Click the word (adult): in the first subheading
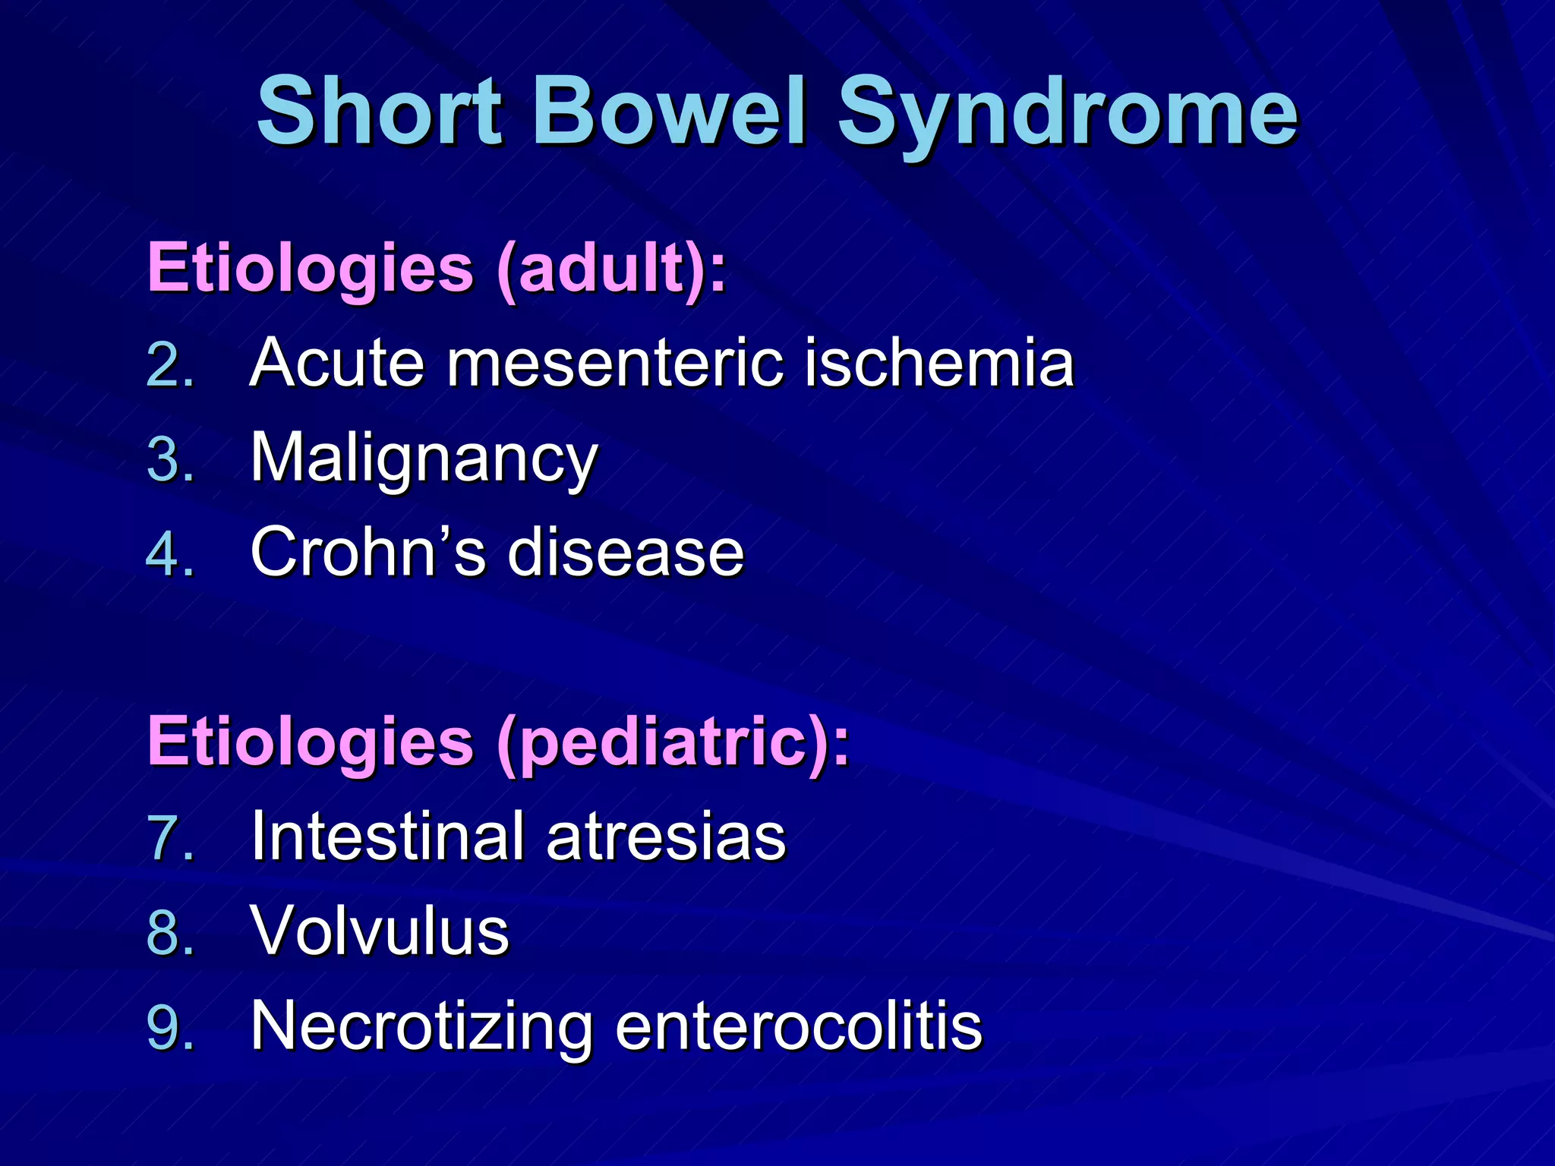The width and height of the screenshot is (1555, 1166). (x=612, y=269)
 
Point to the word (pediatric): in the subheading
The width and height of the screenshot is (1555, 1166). (x=673, y=744)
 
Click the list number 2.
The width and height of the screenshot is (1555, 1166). (x=169, y=365)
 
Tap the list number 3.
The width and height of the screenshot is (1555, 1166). (x=169, y=460)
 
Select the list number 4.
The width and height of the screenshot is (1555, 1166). (x=169, y=554)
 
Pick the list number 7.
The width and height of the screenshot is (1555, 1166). (x=169, y=838)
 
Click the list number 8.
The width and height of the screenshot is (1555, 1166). (x=169, y=933)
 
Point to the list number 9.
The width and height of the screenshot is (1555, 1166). (x=169, y=1028)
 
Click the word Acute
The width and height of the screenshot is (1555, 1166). (x=336, y=363)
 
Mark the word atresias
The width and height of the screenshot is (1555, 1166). (x=666, y=837)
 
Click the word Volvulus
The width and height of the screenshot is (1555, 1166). (x=380, y=931)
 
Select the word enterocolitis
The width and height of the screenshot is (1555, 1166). (x=799, y=1026)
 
